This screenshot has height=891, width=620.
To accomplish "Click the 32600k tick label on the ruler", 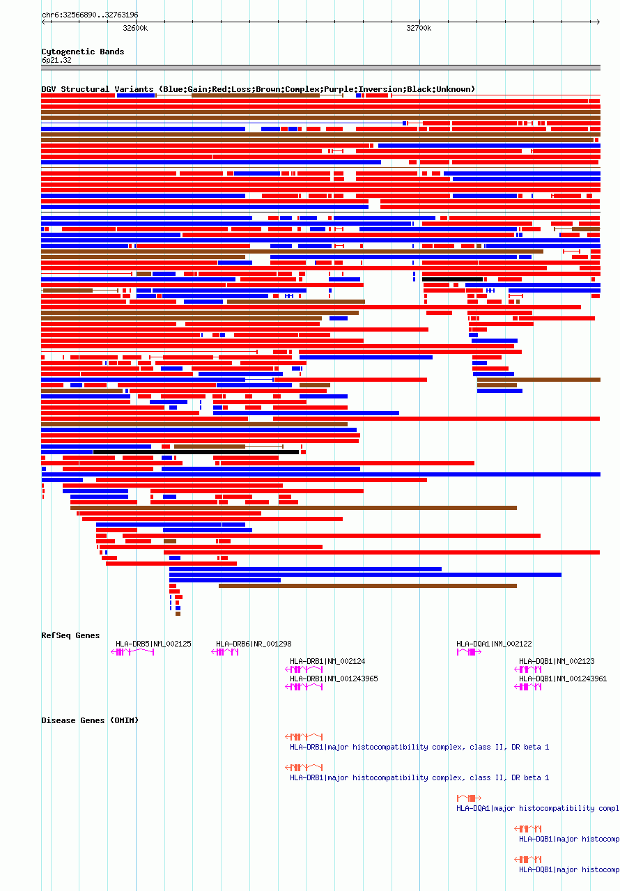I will click(135, 29).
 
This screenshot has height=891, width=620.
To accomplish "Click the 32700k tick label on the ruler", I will click(419, 29).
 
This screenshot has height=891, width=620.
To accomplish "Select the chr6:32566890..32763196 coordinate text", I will click(90, 15).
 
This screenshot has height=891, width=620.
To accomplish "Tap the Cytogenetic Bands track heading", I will click(82, 52).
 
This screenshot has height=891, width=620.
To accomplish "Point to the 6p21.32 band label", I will click(56, 60).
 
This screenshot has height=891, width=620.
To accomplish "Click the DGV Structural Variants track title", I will click(258, 89).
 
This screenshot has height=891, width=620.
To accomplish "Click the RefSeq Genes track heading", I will click(70, 635).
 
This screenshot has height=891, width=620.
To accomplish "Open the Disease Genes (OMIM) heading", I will click(90, 720).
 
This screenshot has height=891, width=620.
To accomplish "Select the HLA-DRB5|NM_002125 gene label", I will click(153, 644).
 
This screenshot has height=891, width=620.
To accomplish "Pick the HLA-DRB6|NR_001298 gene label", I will click(254, 644).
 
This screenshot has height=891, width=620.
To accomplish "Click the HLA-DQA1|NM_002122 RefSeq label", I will click(494, 644).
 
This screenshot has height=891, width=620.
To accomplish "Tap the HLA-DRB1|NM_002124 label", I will click(327, 661).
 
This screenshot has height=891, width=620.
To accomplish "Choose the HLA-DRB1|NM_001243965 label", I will click(334, 679).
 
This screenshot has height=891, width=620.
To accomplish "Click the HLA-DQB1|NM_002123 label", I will click(557, 661).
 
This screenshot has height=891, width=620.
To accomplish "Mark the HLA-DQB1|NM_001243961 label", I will click(563, 679).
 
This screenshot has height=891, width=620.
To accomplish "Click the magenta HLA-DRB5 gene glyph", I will click(132, 652).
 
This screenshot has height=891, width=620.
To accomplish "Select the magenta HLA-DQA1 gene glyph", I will click(469, 652).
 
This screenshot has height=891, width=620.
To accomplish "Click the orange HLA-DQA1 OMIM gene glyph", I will click(469, 798).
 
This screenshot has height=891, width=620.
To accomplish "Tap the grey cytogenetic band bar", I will click(320, 68).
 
